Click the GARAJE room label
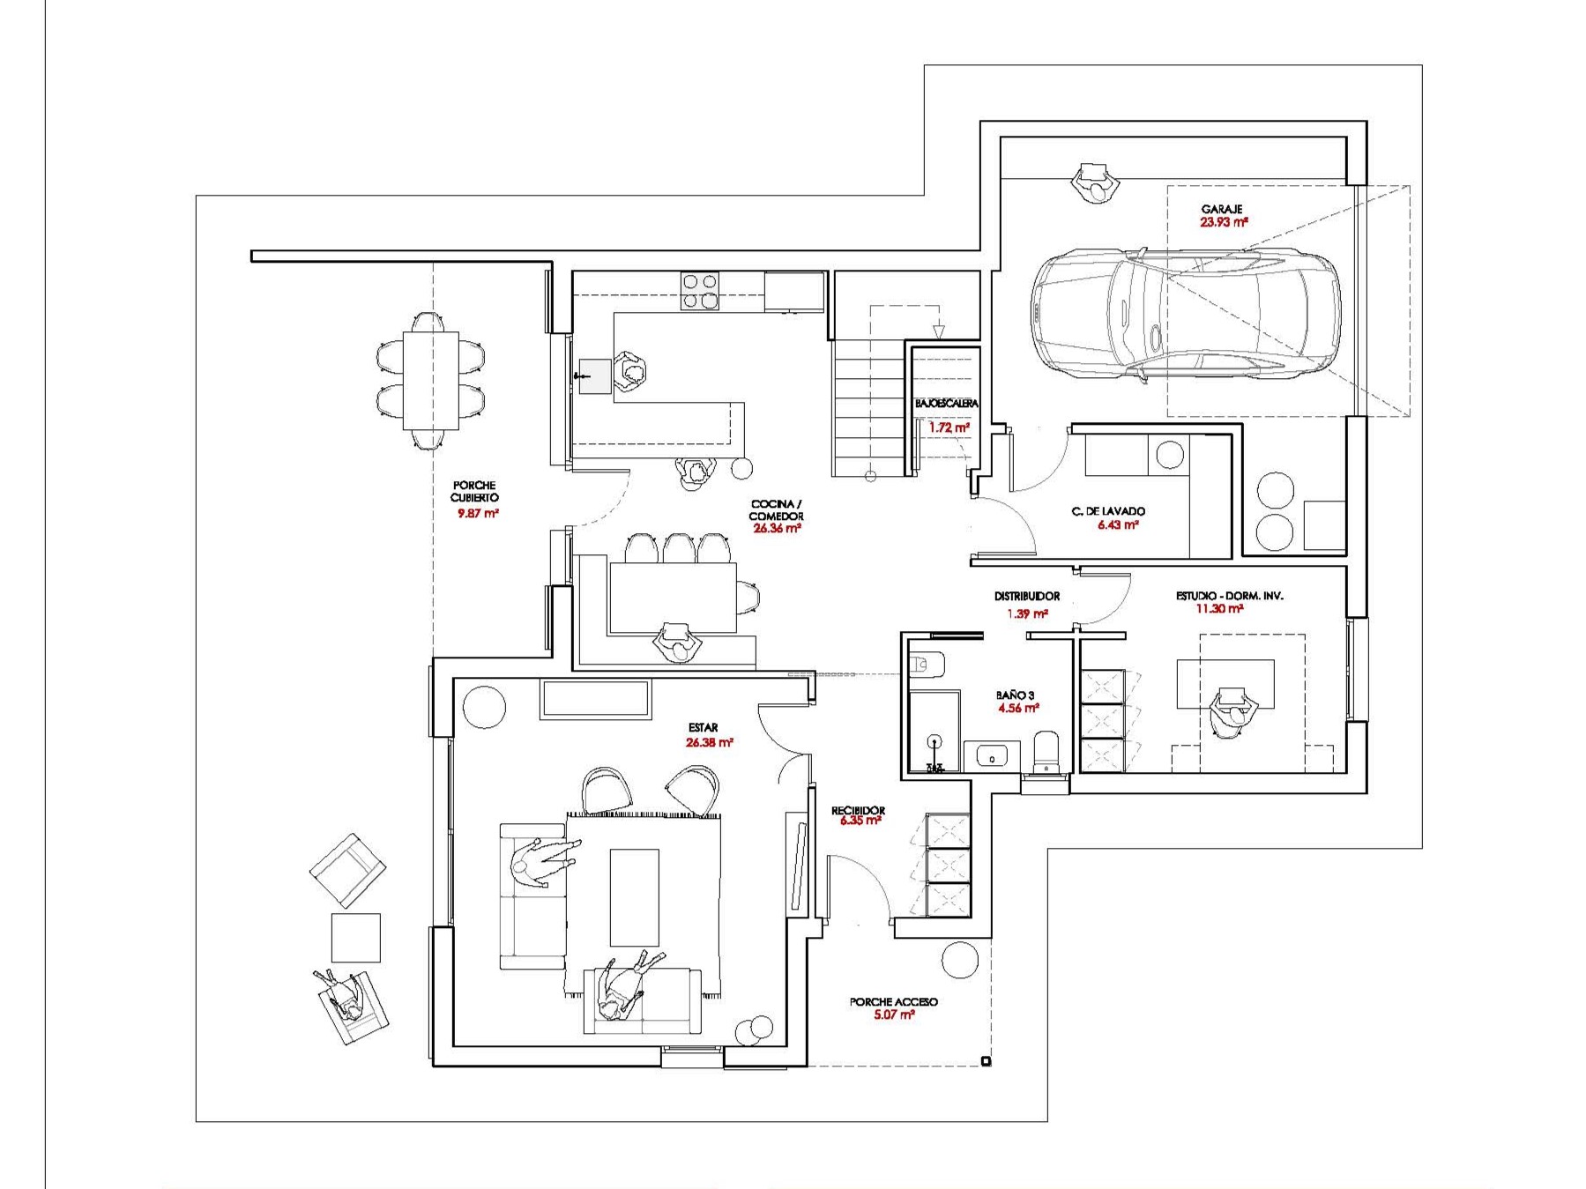click(x=1222, y=210)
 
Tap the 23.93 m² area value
click(x=1224, y=223)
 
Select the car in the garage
click(x=1186, y=314)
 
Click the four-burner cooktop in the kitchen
click(x=699, y=292)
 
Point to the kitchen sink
click(x=595, y=375)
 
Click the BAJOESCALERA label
click(x=947, y=404)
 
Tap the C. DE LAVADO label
click(x=1108, y=511)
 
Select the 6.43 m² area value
click(x=1118, y=525)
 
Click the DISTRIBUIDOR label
click(x=1027, y=597)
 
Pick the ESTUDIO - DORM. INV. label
click(x=1229, y=597)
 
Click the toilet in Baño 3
click(x=1046, y=750)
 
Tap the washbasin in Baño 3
click(x=993, y=755)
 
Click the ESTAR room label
click(x=704, y=728)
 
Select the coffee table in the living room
click(x=635, y=897)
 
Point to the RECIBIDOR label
click(x=858, y=810)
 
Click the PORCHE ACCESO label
click(x=893, y=1002)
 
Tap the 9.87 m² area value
click(x=478, y=513)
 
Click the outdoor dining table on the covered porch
click(x=431, y=380)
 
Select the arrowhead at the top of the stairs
click(x=939, y=331)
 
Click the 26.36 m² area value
click(x=777, y=530)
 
